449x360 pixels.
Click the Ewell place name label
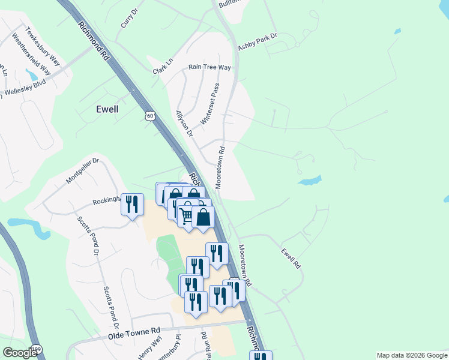pyautogui.click(x=107, y=109)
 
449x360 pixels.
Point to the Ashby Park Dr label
pyautogui.click(x=258, y=41)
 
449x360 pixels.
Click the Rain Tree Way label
pyautogui.click(x=209, y=68)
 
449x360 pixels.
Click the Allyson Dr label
pyautogui.click(x=184, y=123)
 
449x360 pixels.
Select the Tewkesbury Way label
pyautogui.click(x=43, y=46)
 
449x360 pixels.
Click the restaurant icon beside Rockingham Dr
pyautogui.click(x=132, y=204)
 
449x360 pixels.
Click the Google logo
pyautogui.click(x=20, y=353)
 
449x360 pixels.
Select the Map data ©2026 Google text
pyautogui.click(x=412, y=355)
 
